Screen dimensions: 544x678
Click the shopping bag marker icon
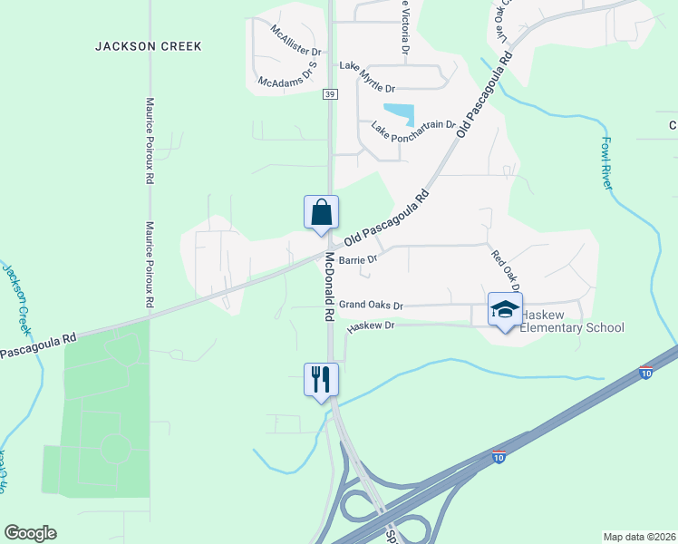[x=321, y=212]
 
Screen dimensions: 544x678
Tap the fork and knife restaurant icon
[x=321, y=379]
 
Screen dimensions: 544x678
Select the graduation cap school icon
[x=505, y=309]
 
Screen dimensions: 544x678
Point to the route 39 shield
[x=330, y=94]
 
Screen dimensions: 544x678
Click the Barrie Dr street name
[x=356, y=259]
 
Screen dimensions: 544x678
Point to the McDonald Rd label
[x=324, y=287]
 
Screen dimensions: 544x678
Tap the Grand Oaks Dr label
[x=370, y=306]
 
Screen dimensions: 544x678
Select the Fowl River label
[x=608, y=162]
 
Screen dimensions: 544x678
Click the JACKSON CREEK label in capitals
[x=149, y=45]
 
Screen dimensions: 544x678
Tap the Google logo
[x=30, y=533]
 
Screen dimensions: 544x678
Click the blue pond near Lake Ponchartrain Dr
[x=400, y=114]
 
